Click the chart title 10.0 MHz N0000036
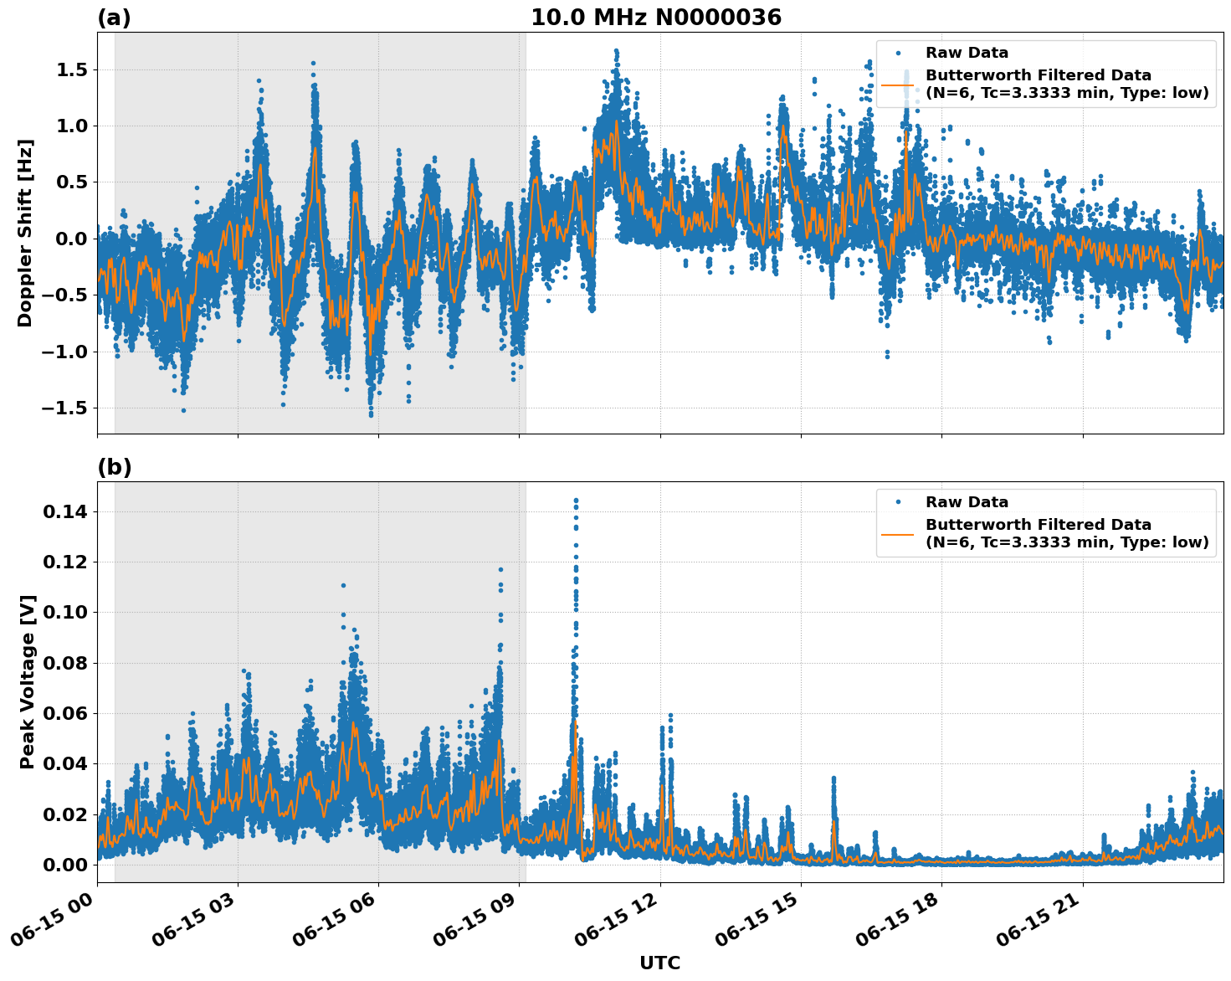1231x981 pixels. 655,18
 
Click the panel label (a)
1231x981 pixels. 114,18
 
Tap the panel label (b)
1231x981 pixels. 114,467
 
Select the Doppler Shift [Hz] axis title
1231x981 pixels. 25,233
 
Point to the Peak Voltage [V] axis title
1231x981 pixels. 28,681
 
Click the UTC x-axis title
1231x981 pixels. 659,963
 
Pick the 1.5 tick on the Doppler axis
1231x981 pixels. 71,69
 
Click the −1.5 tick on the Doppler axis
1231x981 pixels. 65,408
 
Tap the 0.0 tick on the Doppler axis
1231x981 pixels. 71,239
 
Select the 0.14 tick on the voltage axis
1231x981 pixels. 68,511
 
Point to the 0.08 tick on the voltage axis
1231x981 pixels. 68,663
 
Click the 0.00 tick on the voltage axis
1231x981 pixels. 68,865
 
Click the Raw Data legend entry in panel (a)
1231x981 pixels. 967,53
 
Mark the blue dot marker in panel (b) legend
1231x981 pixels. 898,502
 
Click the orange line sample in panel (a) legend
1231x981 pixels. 898,85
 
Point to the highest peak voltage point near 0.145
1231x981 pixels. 576,501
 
